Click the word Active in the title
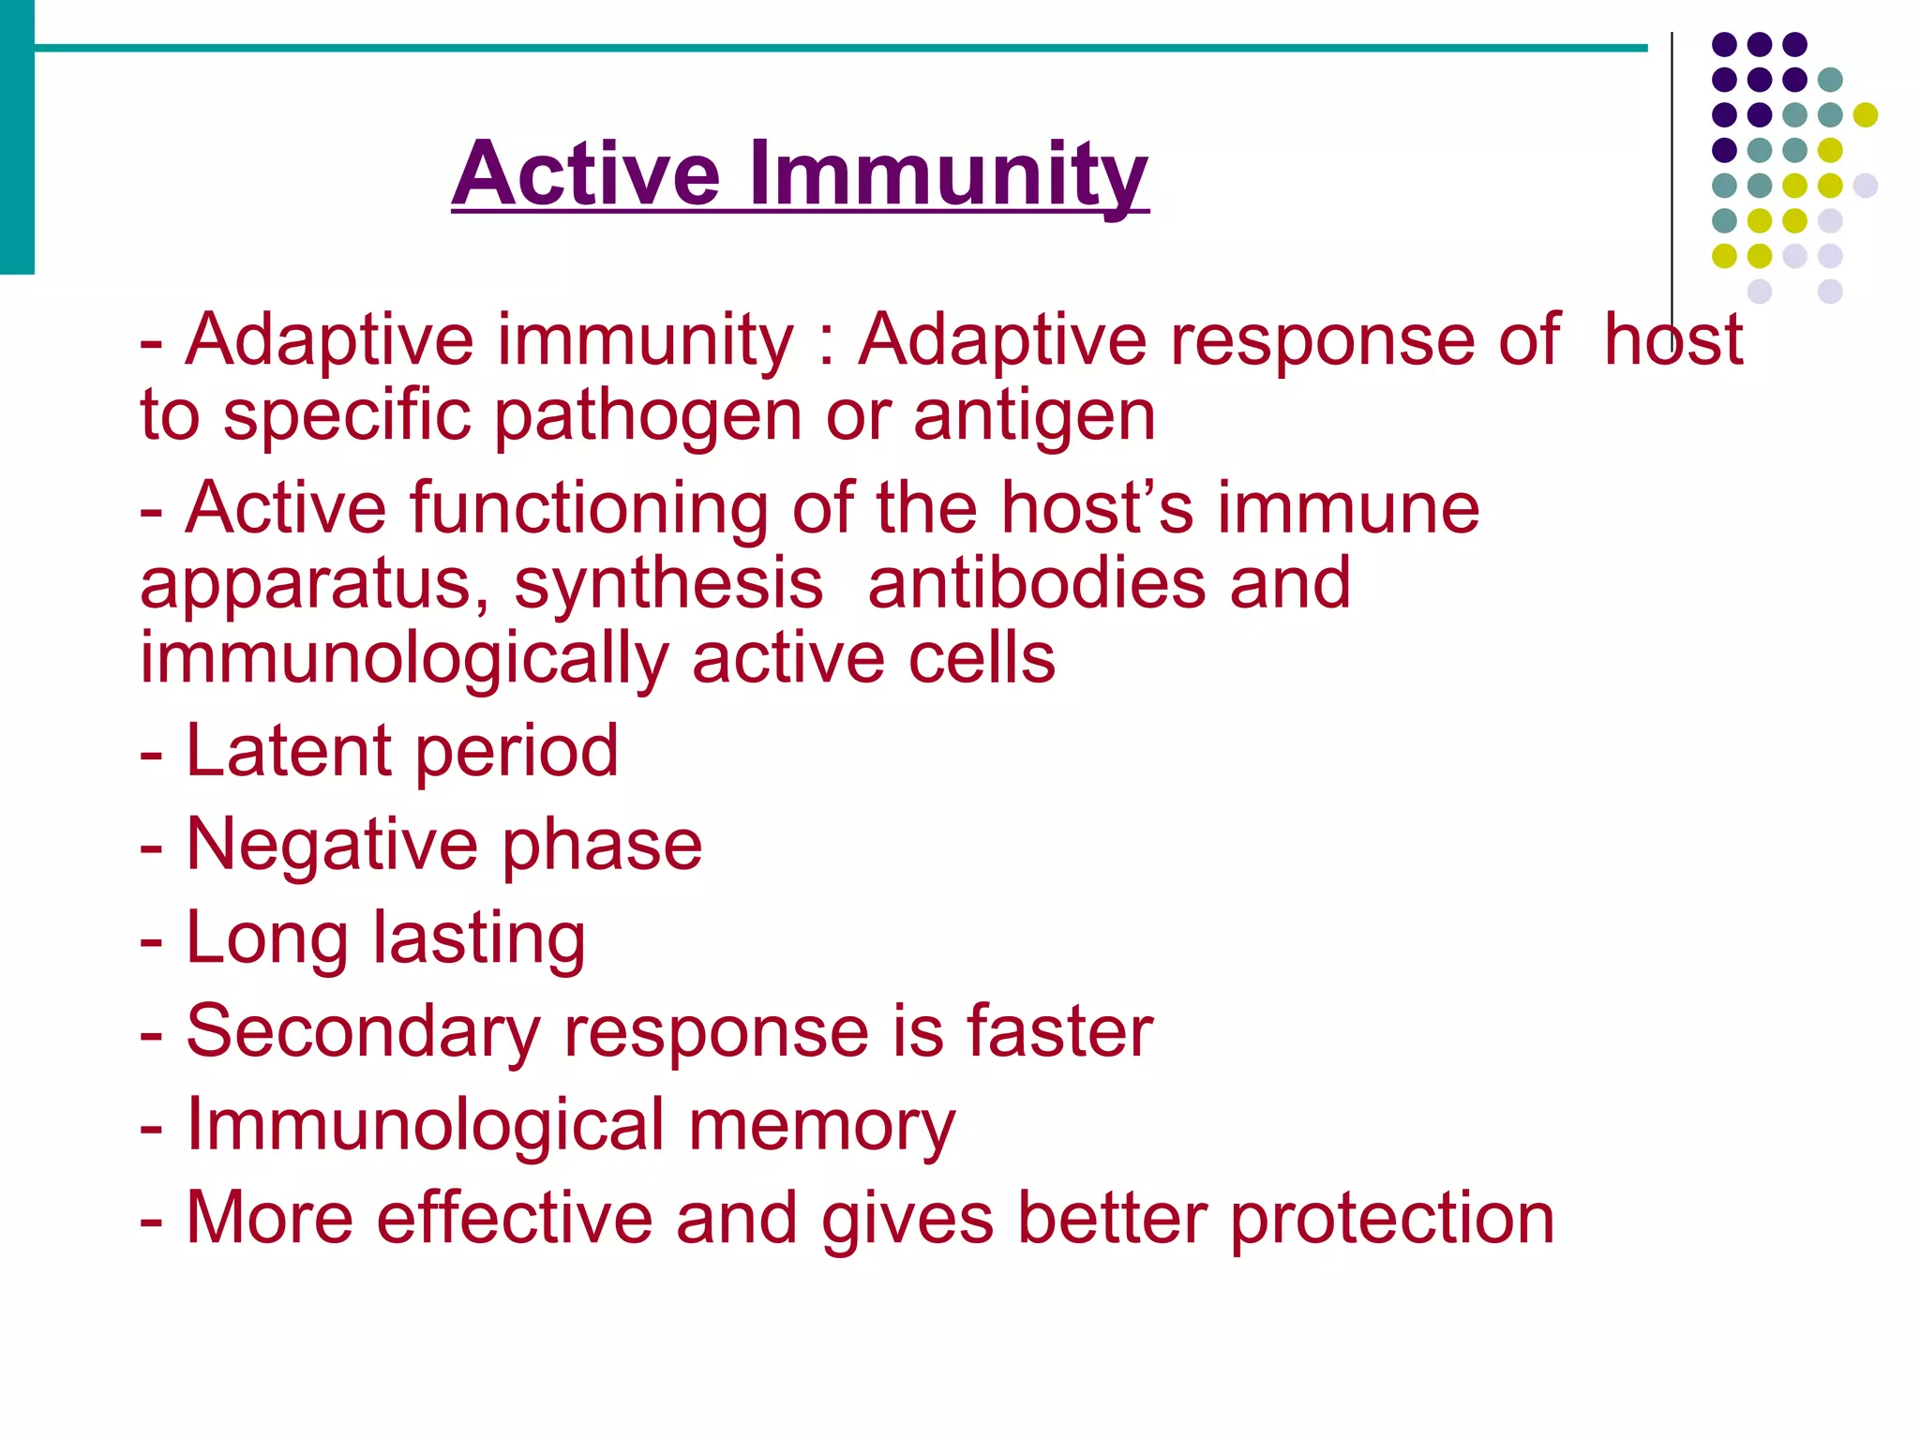586,174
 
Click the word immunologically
404,660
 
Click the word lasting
479,938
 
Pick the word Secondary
363,1032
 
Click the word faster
1059,1032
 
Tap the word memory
821,1126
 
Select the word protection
1391,1220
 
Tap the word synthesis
668,586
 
